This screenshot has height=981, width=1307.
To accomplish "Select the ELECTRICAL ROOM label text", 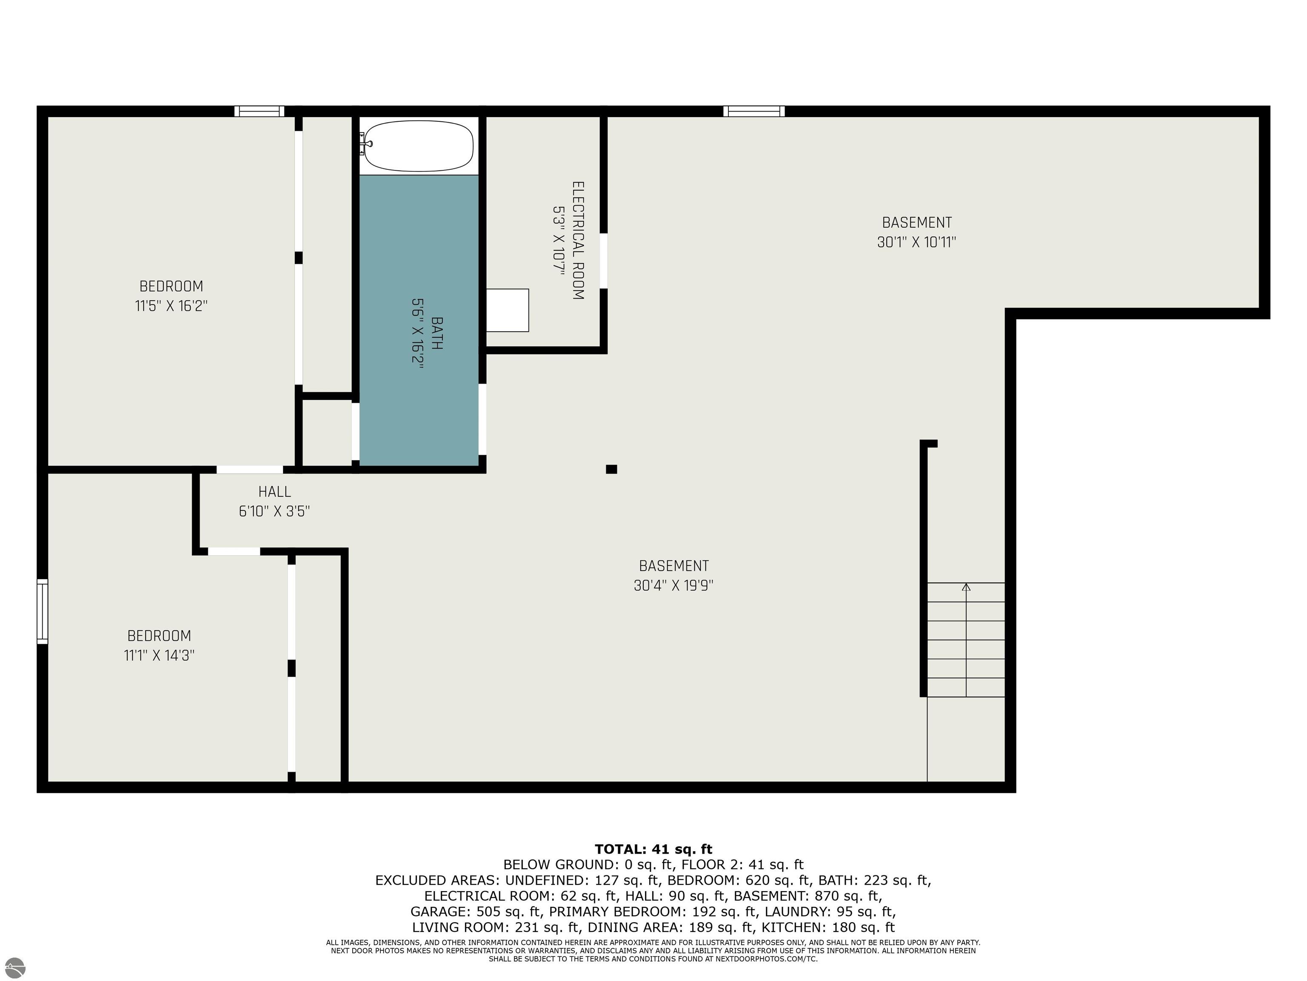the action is (578, 240).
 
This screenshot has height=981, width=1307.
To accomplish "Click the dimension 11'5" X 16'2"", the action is (171, 306).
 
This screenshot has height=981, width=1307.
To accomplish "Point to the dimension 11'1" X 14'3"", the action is (159, 655).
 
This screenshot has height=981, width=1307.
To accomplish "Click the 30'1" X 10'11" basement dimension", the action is (916, 242).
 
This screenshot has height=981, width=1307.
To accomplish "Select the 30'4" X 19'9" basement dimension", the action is (673, 585).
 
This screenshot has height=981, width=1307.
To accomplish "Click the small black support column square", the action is (611, 469).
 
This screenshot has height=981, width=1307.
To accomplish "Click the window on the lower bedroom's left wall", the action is (43, 611).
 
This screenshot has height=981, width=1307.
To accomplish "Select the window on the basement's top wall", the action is (754, 111).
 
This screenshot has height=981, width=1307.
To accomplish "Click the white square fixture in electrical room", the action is (508, 310).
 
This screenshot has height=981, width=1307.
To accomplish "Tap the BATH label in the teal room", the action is (437, 333).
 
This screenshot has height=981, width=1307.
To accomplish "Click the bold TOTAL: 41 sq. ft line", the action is (653, 849).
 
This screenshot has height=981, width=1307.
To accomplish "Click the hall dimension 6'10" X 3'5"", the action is (274, 511).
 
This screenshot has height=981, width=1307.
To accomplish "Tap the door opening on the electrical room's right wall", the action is (604, 261).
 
